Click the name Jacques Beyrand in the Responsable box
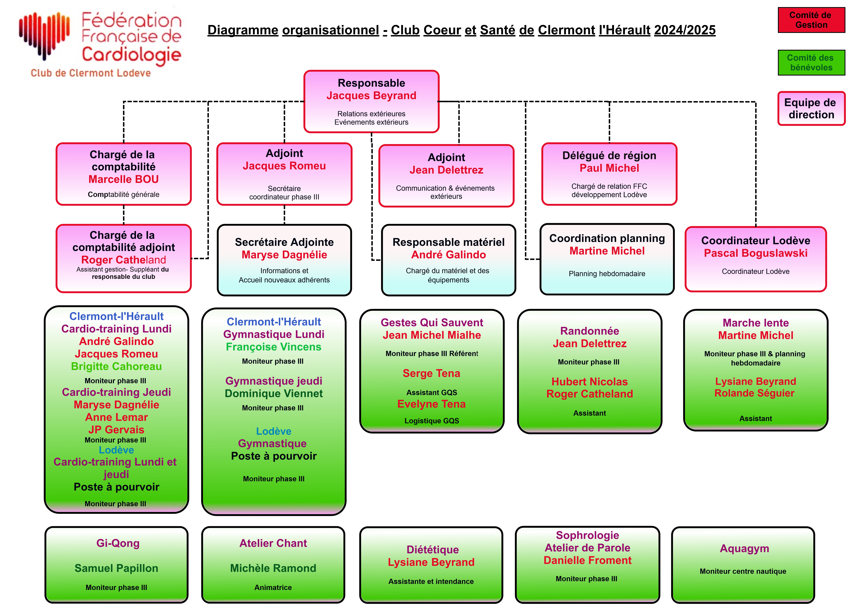[371, 96]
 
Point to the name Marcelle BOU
[124, 179]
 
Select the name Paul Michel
[609, 168]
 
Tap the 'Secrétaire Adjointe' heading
[284, 242]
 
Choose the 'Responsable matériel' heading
[449, 242]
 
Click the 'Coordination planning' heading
[607, 239]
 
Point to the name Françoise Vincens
[273, 347]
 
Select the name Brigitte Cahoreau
[117, 366]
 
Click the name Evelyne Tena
[431, 404]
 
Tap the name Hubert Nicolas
[589, 382]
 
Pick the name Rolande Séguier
[755, 393]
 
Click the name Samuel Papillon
[117, 568]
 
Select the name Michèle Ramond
[273, 568]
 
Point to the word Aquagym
[744, 549]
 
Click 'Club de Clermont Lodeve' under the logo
[91, 73]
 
